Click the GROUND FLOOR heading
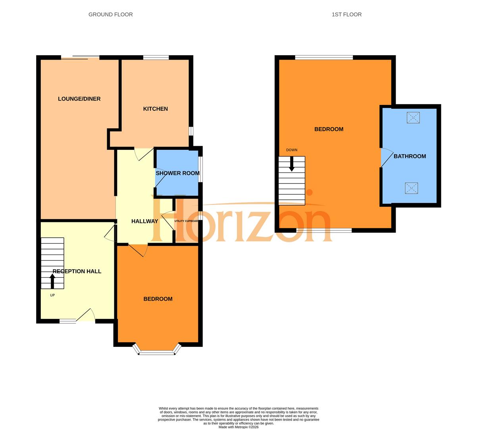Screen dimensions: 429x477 pos(110,15)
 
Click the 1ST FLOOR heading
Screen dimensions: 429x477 pos(346,15)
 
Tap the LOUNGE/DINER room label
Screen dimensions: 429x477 pos(79,99)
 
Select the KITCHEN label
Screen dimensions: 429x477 pos(156,109)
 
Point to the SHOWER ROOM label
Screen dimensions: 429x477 pos(177,173)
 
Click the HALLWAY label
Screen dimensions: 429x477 pos(144,221)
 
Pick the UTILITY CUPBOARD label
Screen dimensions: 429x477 pos(186,221)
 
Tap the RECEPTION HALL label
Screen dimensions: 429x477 pos(77,271)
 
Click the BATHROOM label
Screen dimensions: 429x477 pos(410,157)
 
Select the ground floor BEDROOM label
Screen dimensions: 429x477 pos(158,299)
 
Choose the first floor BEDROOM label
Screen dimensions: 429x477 pos(329,129)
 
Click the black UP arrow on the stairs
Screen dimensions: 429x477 pos(52,281)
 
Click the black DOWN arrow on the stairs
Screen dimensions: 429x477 pos(292,164)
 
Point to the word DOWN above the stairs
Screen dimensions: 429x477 pos(292,150)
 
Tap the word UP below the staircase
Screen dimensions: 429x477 pos(52,295)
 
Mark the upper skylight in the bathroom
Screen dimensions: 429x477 pos(413,118)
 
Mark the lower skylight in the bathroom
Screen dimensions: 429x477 pos(412,188)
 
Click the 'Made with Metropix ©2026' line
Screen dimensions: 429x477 pos(238,427)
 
